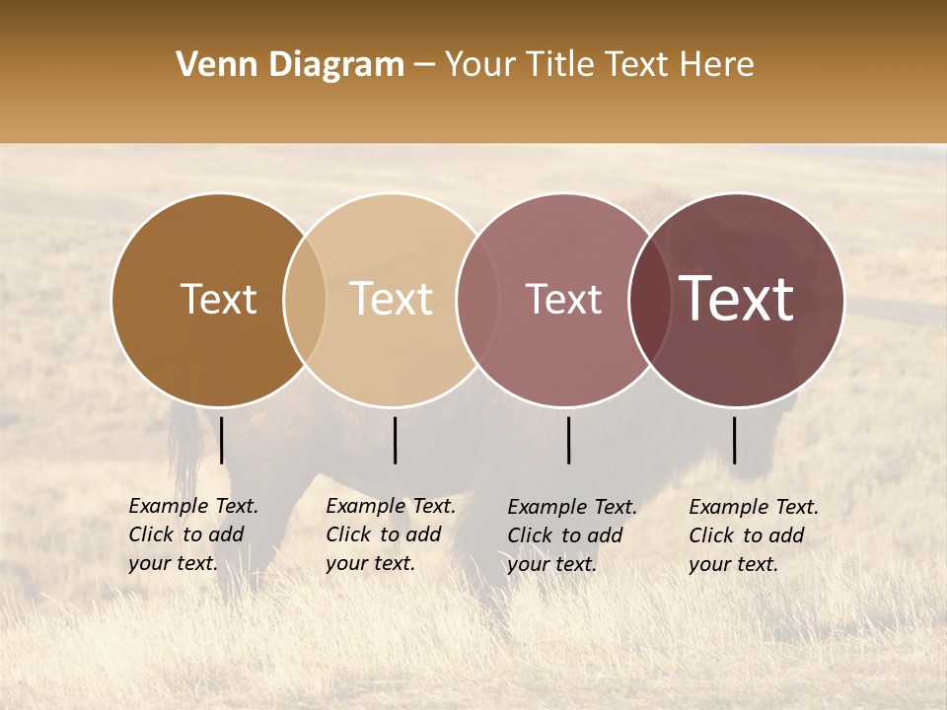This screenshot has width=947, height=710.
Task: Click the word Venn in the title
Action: click(x=209, y=65)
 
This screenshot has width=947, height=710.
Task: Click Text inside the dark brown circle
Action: click(x=218, y=299)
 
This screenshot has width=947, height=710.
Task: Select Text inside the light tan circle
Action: click(x=392, y=299)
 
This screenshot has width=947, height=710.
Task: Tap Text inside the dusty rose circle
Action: click(x=563, y=299)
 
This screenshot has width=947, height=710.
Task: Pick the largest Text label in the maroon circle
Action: click(x=737, y=299)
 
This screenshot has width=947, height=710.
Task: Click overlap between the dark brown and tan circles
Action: click(x=305, y=300)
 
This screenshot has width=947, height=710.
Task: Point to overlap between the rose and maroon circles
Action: click(x=650, y=300)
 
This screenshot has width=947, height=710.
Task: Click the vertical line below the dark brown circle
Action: click(x=222, y=440)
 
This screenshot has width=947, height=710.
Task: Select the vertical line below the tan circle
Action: click(x=395, y=440)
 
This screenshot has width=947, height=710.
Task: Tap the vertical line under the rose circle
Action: click(x=569, y=440)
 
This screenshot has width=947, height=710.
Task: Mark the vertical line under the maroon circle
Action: click(x=734, y=440)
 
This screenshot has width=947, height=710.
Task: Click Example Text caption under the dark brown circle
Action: click(x=193, y=507)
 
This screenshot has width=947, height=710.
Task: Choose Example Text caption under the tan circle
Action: click(x=391, y=507)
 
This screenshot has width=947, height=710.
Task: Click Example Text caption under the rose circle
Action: click(x=572, y=508)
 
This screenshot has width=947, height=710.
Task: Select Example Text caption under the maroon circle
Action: click(x=754, y=508)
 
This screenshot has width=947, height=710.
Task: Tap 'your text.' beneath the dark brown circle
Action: click(x=173, y=563)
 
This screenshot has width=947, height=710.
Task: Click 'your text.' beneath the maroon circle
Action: click(x=733, y=564)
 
